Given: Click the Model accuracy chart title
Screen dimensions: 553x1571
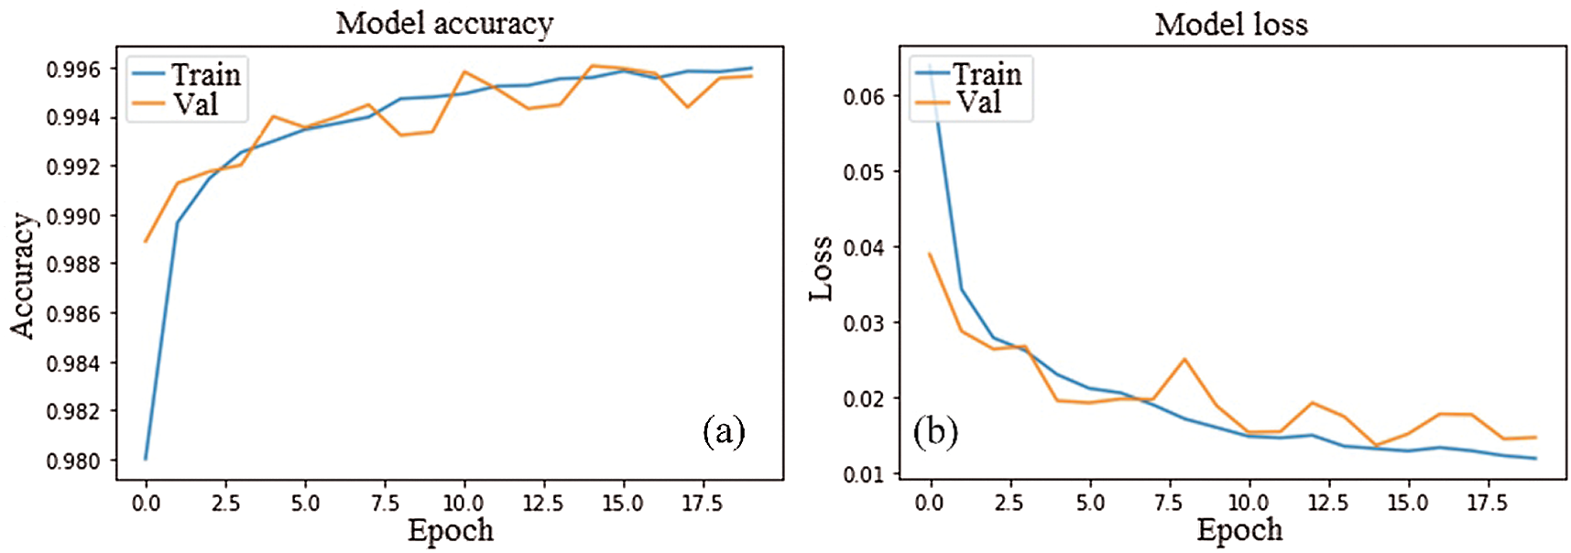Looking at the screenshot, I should [x=444, y=23].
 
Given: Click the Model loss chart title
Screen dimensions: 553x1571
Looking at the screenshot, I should [x=1230, y=24].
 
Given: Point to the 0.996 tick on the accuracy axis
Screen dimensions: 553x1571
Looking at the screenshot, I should [x=74, y=70].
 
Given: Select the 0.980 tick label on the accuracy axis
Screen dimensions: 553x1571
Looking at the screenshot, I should [x=74, y=461].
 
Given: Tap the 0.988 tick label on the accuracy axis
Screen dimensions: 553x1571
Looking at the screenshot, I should [x=74, y=265].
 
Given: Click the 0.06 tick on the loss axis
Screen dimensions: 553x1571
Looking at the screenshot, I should [x=864, y=96].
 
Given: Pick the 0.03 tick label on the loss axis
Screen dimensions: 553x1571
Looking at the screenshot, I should [x=864, y=323].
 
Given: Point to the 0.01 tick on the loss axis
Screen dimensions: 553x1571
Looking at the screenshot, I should [x=864, y=474].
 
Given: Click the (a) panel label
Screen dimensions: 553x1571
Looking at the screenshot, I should [x=724, y=430].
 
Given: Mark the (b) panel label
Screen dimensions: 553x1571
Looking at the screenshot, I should [x=935, y=430].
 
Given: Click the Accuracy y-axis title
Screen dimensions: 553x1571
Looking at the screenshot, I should [x=23, y=276].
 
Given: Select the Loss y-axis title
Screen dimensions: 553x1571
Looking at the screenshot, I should [x=822, y=268].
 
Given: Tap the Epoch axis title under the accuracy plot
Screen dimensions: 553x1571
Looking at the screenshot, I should [x=450, y=530].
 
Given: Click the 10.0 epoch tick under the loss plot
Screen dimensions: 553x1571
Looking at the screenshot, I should [x=1248, y=503].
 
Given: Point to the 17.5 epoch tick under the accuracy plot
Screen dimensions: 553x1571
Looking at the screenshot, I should [x=702, y=503].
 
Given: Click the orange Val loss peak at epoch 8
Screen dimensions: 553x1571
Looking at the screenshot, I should [x=1184, y=359].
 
